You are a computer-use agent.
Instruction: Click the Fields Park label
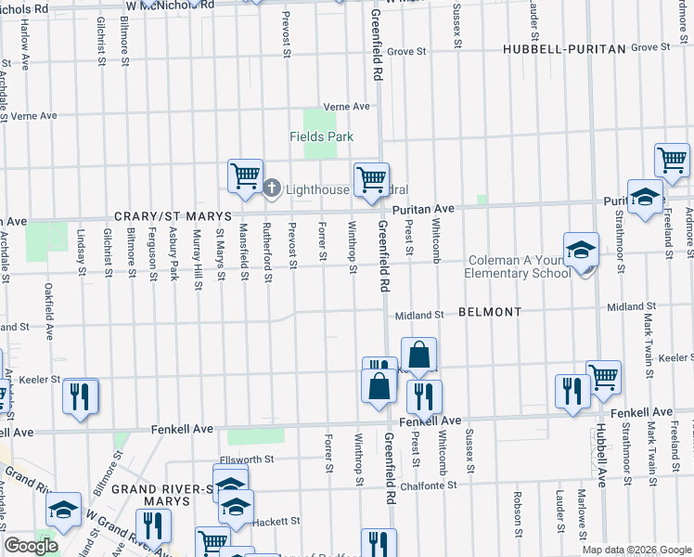[x=321, y=136]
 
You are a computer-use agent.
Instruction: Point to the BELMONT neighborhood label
[x=489, y=313]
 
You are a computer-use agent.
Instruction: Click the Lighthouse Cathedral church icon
[x=272, y=189]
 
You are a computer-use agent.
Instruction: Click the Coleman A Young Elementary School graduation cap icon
[x=581, y=250]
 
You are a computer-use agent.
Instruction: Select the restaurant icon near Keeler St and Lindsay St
[x=80, y=395]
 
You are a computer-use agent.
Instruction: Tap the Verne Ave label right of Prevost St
[x=346, y=107]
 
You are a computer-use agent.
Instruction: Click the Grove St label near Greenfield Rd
[x=405, y=52]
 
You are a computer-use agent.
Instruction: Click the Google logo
[x=31, y=546]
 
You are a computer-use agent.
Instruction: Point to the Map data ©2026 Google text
[x=636, y=550]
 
